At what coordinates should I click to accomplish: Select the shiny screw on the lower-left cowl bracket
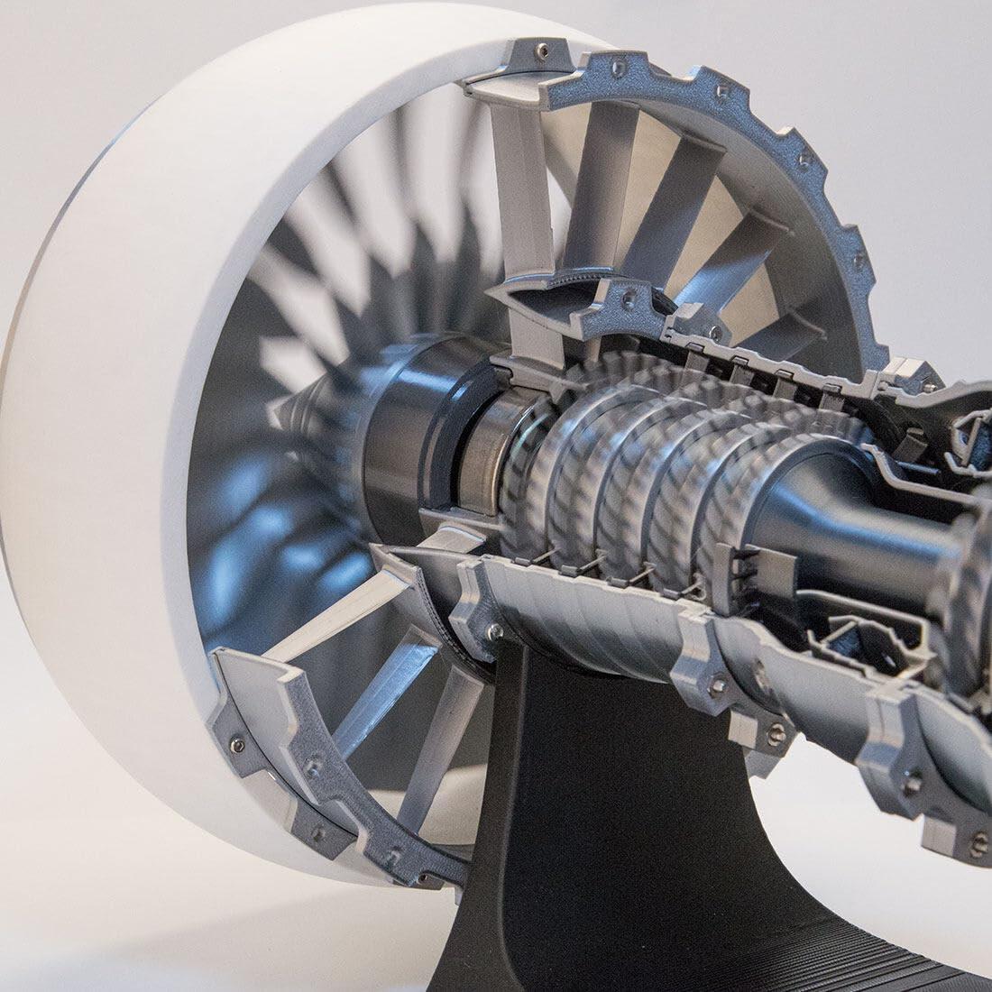(237, 745)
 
